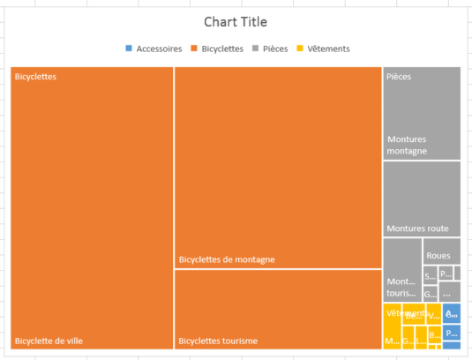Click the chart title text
[235, 22]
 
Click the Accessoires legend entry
[159, 49]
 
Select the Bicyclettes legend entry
[222, 49]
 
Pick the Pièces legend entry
[275, 49]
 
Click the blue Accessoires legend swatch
[130, 49]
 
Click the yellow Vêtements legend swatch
[300, 49]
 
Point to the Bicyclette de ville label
[49, 341]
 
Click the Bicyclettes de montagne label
[227, 259]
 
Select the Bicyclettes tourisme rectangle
[278, 309]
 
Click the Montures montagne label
[407, 146]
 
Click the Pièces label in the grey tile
[399, 77]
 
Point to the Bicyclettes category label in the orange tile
[36, 77]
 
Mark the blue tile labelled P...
[451, 333]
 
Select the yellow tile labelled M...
[391, 340]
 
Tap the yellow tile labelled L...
[420, 340]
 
